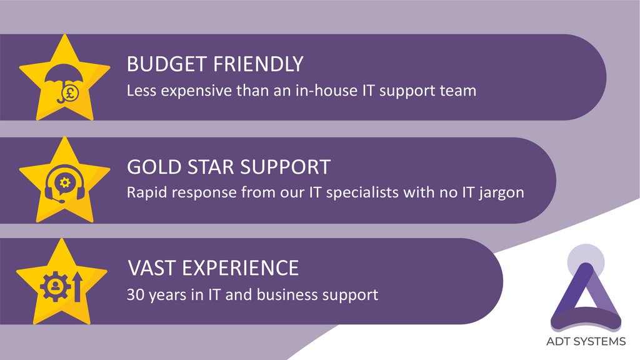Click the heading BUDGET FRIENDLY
pyautogui.click(x=215, y=64)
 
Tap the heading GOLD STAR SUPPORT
pyautogui.click(x=229, y=167)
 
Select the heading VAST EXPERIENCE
pyautogui.click(x=213, y=269)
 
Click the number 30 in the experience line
pyautogui.click(x=134, y=294)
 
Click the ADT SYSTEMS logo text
pyautogui.click(x=586, y=341)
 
